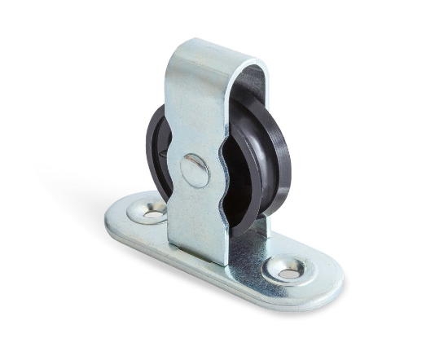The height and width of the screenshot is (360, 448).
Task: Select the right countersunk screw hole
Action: pos(286,268)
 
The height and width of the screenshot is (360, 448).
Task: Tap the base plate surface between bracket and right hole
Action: pos(248,257)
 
